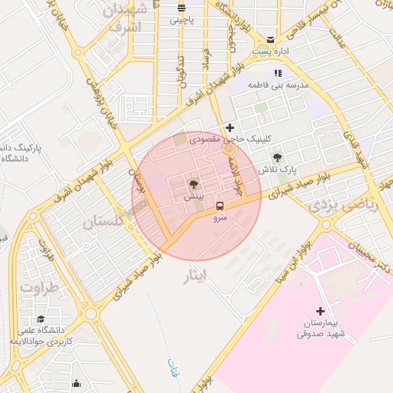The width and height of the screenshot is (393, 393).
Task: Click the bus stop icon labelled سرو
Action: coord(220,206)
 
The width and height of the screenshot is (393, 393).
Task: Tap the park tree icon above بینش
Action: coord(193,184)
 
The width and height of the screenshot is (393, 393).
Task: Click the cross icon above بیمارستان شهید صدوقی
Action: coord(320,310)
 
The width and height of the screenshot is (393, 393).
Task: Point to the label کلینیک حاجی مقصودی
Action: coord(253,141)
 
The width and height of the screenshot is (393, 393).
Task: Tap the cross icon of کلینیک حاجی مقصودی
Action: coord(229,127)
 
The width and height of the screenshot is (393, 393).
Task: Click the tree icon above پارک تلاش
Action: coord(277,157)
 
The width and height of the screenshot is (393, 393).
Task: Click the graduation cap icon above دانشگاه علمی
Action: coord(40,319)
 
